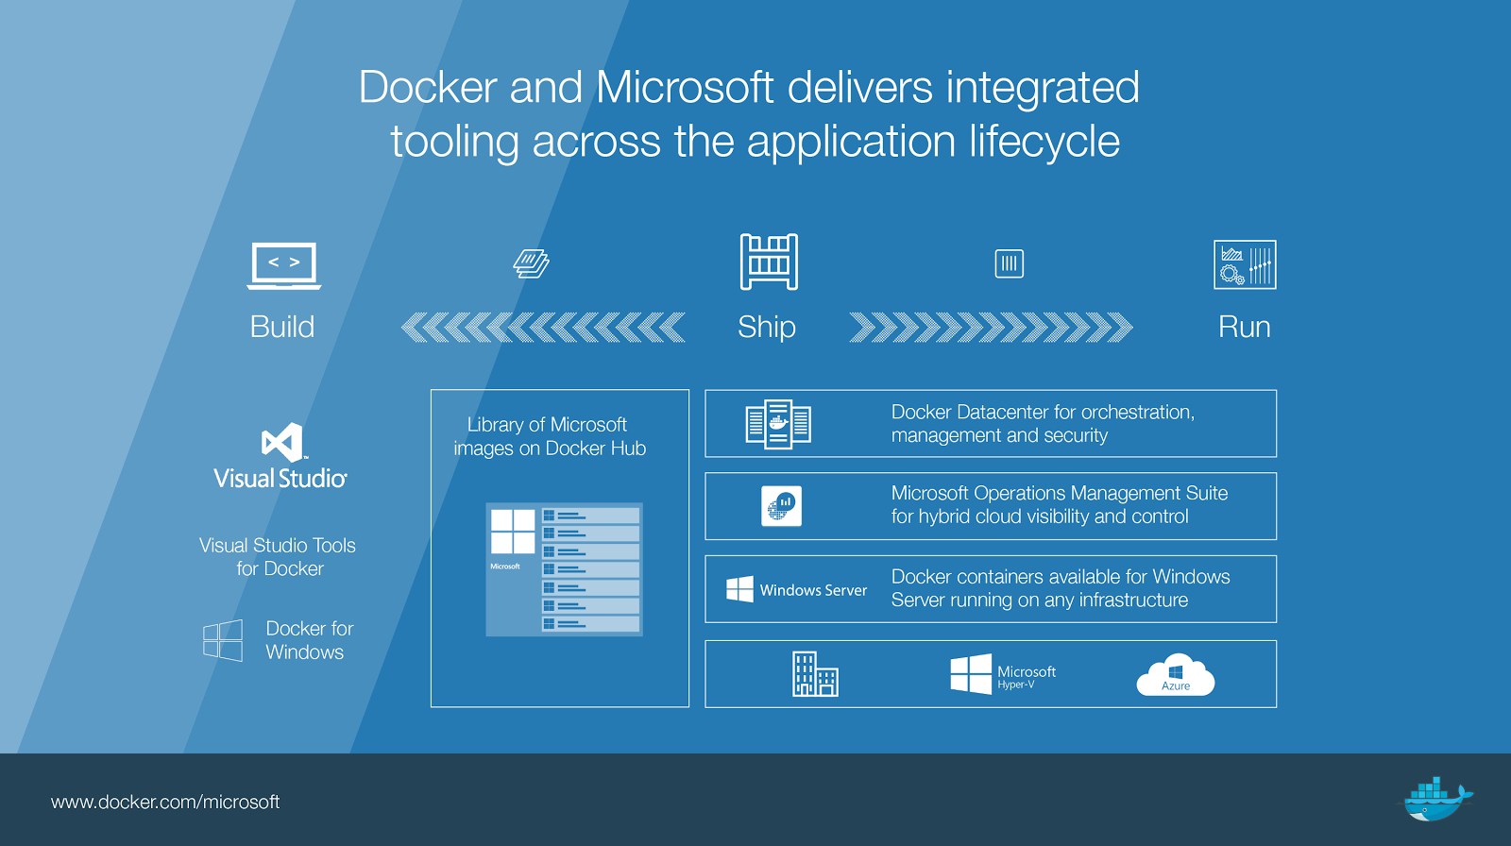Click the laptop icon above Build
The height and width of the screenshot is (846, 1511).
pos(284,266)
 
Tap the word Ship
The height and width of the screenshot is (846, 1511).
pos(766,328)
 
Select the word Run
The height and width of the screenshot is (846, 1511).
pos(1245,328)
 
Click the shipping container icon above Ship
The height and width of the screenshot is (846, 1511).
pos(769,262)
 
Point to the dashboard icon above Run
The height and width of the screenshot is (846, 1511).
pos(1246,264)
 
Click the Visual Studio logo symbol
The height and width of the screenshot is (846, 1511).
pos(282,442)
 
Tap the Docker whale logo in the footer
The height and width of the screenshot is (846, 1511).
pos(1435,800)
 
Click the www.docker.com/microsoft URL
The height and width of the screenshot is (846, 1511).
pos(165,802)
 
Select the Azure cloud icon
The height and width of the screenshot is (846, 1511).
pos(1176,674)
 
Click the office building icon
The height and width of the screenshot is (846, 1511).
pos(815,674)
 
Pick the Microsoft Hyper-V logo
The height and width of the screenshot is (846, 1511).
pos(1003,674)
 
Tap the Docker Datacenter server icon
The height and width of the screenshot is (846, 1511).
pos(778,424)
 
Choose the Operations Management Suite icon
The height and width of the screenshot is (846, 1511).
pos(781,506)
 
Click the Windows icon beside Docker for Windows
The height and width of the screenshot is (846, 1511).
pos(223,640)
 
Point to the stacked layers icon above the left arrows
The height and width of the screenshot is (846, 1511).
pos(531,263)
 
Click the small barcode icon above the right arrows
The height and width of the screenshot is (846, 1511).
pos(1010,263)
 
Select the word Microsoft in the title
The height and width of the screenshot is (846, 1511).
pos(685,88)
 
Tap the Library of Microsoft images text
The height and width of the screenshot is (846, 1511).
pos(550,436)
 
